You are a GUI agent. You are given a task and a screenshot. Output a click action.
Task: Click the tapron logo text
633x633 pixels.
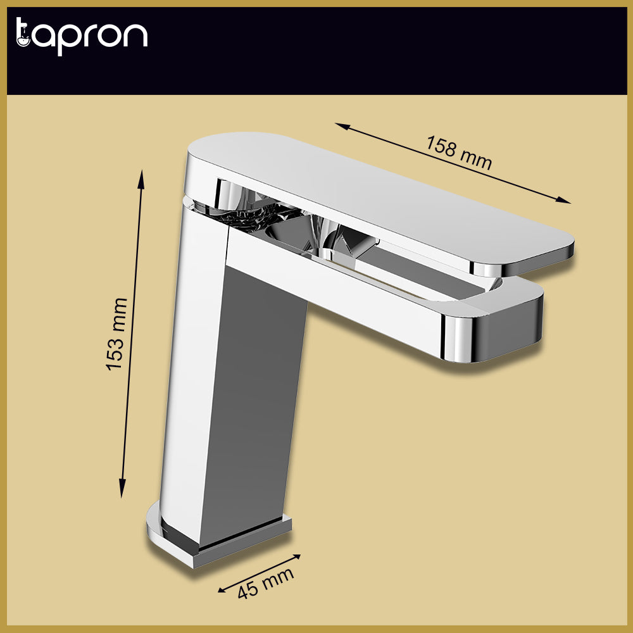click(x=81, y=35)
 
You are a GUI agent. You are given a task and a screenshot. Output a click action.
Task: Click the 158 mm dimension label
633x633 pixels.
click(x=458, y=152)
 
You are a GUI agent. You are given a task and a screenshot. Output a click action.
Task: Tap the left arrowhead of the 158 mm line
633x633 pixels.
click(x=339, y=125)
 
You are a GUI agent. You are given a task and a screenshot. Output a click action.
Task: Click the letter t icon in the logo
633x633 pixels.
click(x=23, y=35)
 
